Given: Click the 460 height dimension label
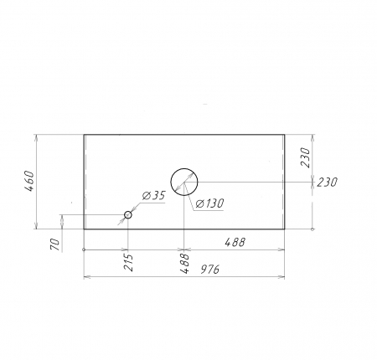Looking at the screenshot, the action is pyautogui.click(x=29, y=182).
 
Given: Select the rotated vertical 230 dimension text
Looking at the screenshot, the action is pyautogui.click(x=305, y=157).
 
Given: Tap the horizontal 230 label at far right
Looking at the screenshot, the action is pyautogui.click(x=328, y=183).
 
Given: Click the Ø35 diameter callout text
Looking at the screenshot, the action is pyautogui.click(x=154, y=196).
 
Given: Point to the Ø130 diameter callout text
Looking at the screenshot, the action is pyautogui.click(x=209, y=203).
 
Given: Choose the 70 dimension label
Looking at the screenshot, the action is pyautogui.click(x=56, y=244).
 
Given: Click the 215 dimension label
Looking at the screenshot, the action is pyautogui.click(x=128, y=262).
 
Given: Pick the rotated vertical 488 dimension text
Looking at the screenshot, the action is pyautogui.click(x=185, y=263).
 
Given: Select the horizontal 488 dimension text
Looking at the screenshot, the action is pyautogui.click(x=235, y=242).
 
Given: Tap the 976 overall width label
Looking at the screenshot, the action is pyautogui.click(x=210, y=270).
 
